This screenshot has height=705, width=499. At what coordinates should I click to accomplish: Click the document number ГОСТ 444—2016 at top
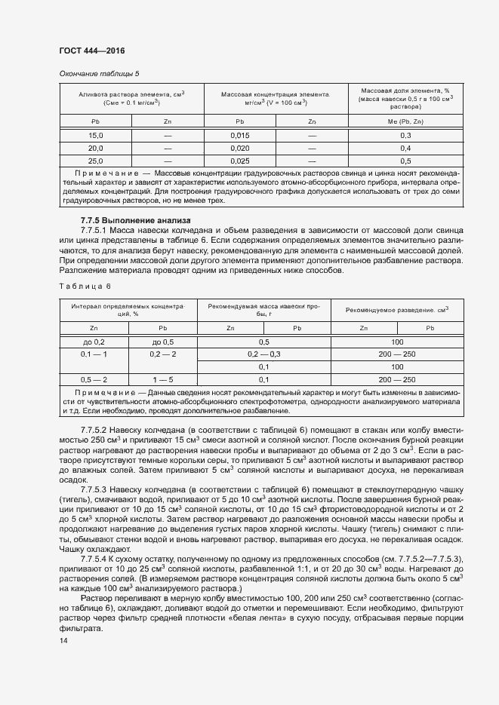[x=91, y=51]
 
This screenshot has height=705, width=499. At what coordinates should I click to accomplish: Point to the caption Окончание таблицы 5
[x=99, y=73]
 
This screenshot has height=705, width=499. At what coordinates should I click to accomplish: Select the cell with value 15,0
[x=95, y=135]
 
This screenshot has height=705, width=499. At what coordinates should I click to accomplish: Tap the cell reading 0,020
[x=240, y=148]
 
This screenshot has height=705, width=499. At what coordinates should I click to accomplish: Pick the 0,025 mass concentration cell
[x=240, y=161]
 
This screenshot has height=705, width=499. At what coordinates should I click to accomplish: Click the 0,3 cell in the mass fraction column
[x=405, y=135]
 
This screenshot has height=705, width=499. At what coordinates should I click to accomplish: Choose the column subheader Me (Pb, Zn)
[x=405, y=121]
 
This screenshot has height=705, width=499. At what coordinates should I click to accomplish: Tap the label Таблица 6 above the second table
[x=84, y=286]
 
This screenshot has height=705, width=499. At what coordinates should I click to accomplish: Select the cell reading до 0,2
[x=94, y=342]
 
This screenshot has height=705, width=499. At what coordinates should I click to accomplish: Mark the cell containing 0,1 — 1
[x=94, y=354]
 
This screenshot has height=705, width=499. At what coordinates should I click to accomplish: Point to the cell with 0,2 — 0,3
[x=264, y=354]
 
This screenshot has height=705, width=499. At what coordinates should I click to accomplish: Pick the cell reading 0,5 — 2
[x=94, y=379]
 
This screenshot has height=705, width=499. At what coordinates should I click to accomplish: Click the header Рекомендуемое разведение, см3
[x=396, y=309]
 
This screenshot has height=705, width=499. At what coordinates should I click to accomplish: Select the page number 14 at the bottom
[x=63, y=640]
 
